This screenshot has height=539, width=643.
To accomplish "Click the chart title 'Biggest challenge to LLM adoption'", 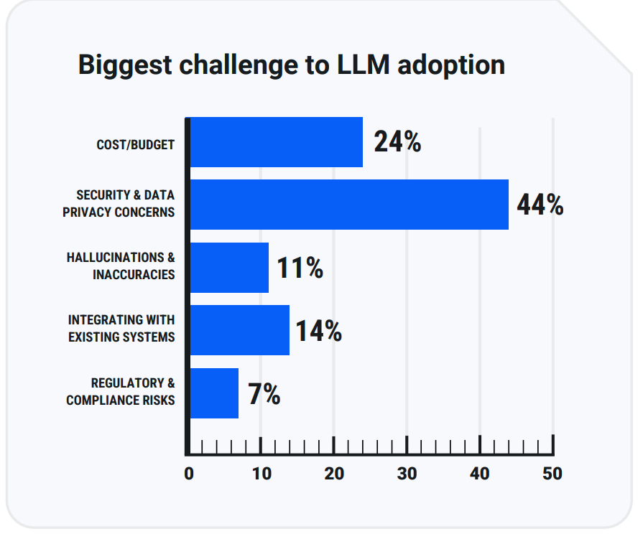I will point(291,65).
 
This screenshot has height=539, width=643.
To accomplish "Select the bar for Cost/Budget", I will point(276,142).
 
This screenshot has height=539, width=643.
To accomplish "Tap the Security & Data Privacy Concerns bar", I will point(349,205).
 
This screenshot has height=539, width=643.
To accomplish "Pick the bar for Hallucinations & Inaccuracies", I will point(229,267).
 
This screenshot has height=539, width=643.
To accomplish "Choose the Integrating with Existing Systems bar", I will point(240,330).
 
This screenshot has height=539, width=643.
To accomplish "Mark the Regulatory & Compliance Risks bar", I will point(214,393).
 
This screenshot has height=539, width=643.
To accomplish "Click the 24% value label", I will point(397,142).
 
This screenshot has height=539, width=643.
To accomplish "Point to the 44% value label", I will point(540,205).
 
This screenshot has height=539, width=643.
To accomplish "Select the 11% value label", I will point(300,268).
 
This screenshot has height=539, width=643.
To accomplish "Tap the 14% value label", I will point(318,331).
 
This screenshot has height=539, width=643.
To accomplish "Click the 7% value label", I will point(264,393).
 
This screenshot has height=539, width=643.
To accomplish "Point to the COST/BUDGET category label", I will point(136,144).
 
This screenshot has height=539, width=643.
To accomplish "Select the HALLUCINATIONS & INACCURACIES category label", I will point(121,266).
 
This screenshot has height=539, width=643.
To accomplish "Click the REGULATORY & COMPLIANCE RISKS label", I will point(121,392).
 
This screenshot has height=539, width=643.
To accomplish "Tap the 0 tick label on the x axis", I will point(189,474).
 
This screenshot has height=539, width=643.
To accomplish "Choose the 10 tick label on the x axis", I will point(262,474).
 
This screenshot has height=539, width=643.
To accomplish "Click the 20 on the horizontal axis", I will point(334,474).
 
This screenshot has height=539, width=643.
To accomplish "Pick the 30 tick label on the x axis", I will point(407,474).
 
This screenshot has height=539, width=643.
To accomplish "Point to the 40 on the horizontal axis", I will point(480,474).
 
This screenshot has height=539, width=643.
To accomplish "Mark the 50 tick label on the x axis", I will point(552,474).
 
